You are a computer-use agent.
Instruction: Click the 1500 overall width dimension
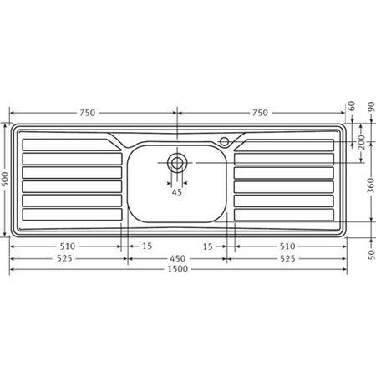coord(177,270)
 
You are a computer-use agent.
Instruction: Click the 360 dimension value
coord(370,186)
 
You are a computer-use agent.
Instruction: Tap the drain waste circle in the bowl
coord(177,162)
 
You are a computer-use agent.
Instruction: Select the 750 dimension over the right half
coord(260,114)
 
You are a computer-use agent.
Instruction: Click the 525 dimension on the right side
coord(287,258)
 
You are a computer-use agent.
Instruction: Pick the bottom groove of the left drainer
coord(70,214)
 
